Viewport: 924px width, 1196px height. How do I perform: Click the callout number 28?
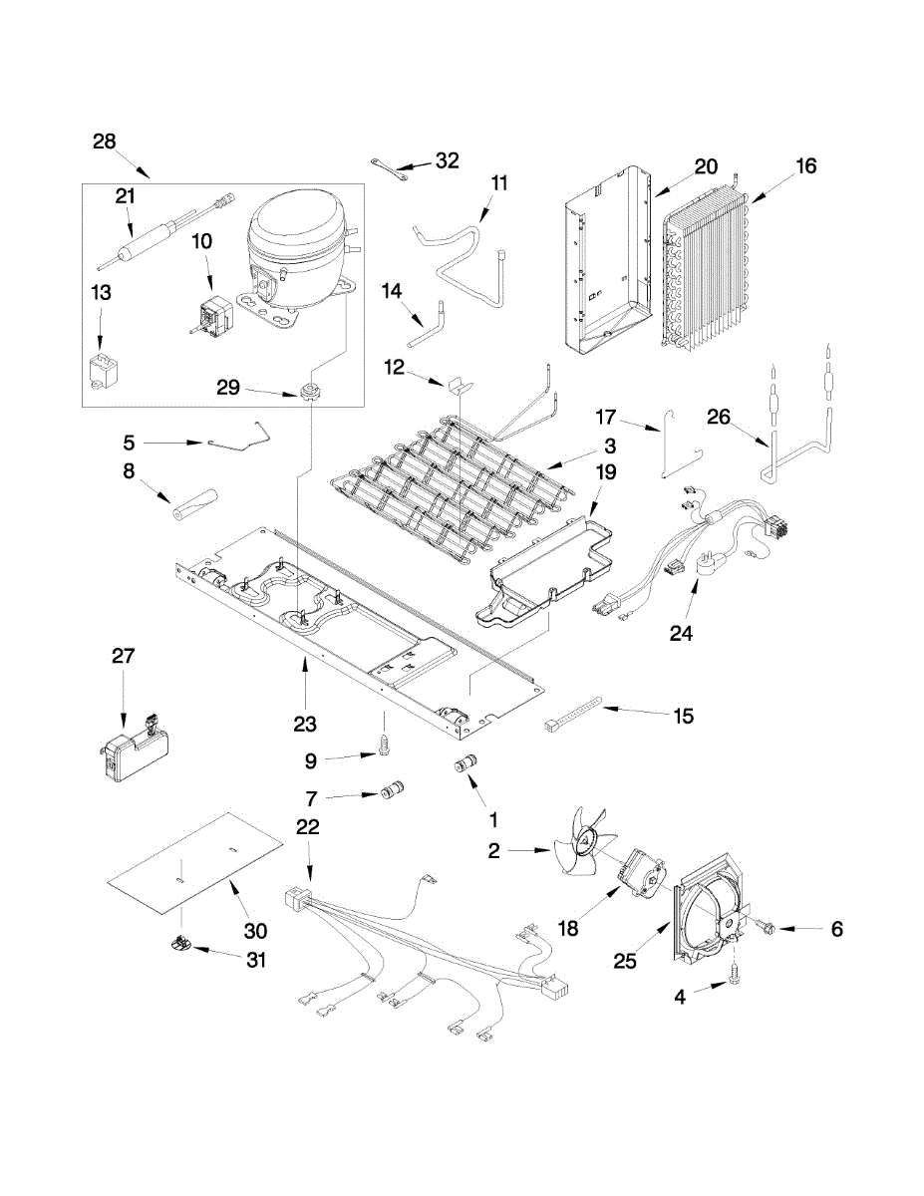pyautogui.click(x=104, y=142)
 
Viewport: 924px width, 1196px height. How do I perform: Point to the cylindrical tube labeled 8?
pyautogui.click(x=196, y=498)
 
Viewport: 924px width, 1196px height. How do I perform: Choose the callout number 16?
pyautogui.click(x=806, y=165)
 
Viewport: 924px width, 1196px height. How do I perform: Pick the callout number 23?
pyautogui.click(x=305, y=725)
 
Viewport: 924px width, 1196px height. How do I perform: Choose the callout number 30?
pyautogui.click(x=255, y=931)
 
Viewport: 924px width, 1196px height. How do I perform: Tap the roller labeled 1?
pyautogui.click(x=465, y=764)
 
